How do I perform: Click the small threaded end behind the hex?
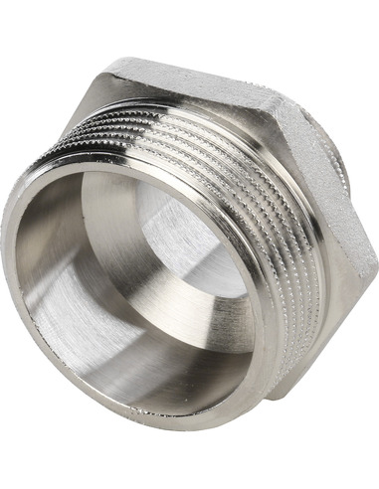(353, 169)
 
